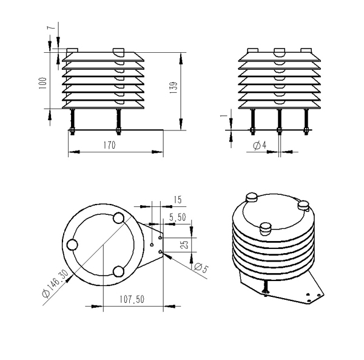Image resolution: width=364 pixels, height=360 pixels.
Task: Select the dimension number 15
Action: [177, 199]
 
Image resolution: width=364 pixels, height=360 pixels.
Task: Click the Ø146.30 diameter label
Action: [56, 285]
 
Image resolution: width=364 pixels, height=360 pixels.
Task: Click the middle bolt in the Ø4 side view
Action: [279, 121]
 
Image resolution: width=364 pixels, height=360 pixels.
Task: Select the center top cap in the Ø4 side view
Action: [279, 51]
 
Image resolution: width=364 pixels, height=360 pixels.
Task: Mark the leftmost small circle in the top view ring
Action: [73, 245]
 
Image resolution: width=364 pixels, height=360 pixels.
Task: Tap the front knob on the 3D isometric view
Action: [265, 228]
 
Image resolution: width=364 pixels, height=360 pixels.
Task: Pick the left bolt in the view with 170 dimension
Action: [73, 121]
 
